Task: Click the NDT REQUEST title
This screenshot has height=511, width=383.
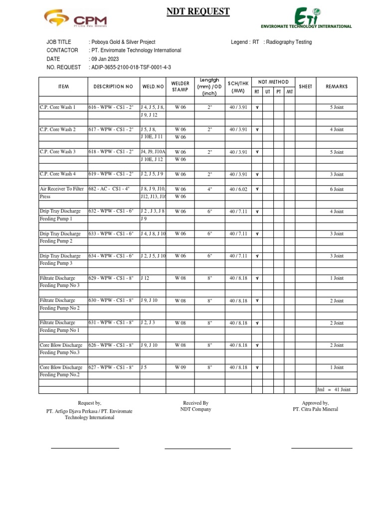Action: [198, 11]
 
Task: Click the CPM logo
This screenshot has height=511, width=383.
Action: [75, 20]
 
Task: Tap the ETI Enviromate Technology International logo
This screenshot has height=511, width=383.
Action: [306, 18]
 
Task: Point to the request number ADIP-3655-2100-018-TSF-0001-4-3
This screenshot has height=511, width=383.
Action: [130, 67]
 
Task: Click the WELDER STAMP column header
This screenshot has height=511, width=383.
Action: [180, 87]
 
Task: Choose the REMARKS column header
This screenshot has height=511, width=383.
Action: [337, 87]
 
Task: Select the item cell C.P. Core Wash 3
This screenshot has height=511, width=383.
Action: [58, 152]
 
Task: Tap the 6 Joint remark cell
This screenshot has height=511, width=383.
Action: [337, 189]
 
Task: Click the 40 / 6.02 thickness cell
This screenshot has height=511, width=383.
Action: [238, 189]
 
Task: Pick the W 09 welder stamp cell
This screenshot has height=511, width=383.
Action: [180, 367]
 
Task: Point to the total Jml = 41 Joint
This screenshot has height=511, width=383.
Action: [337, 390]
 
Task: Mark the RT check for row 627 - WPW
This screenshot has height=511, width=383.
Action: [257, 368]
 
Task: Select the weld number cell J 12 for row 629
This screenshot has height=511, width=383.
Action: [145, 278]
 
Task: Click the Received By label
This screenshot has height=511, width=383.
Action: [195, 403]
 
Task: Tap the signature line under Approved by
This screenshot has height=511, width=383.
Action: [322, 448]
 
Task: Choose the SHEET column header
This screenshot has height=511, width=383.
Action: [305, 87]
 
